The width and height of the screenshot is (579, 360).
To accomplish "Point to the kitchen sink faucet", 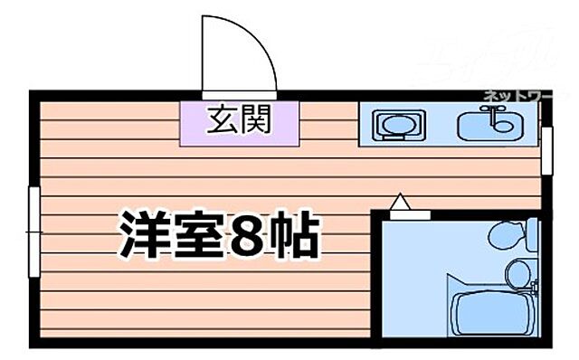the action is [x=493, y=111].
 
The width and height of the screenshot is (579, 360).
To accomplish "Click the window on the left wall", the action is [x=33, y=232].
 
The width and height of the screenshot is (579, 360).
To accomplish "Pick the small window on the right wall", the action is [x=546, y=148].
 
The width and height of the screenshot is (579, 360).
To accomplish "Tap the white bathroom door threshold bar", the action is [x=409, y=214].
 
